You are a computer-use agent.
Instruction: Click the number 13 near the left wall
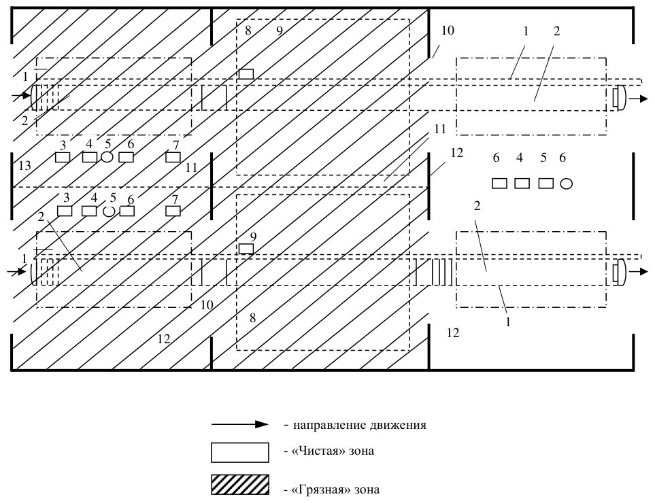[24, 166]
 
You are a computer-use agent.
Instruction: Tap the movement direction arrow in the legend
[240, 425]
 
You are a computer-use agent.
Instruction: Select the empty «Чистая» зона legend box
[240, 453]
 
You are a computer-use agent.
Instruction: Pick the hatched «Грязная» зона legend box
[240, 485]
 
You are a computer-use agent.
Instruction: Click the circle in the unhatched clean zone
[566, 184]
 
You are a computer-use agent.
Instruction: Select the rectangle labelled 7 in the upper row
[173, 158]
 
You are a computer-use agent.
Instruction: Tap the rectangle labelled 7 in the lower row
[173, 211]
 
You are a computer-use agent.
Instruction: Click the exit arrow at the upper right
[639, 99]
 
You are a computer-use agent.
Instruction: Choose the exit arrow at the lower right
[639, 272]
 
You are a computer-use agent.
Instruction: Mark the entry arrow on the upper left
[21, 97]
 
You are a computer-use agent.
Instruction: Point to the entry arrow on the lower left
[17, 272]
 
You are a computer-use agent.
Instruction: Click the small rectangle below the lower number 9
[246, 249]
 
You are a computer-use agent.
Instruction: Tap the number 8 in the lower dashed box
[252, 318]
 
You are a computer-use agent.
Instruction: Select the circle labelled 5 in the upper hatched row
[107, 157]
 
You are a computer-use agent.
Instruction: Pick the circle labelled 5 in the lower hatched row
[109, 211]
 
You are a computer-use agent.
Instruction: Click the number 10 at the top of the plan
[448, 31]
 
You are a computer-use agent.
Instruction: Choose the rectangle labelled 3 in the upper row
[63, 158]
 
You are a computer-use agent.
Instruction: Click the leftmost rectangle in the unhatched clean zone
[499, 184]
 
